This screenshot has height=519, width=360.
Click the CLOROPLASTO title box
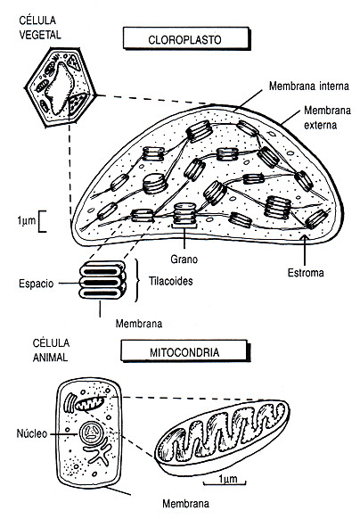(x=186, y=38)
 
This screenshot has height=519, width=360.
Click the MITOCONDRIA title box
(x=185, y=350)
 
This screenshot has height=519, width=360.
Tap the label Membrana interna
(x=308, y=86)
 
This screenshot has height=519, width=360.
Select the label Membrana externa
(x=327, y=118)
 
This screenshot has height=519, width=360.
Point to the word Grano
(x=184, y=259)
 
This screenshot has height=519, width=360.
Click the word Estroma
(x=306, y=273)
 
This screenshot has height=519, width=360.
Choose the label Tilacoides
(x=171, y=281)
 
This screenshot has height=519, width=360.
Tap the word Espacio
(x=36, y=284)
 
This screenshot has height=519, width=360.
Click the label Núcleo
(x=32, y=433)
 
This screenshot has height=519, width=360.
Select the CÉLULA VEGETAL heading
(x=40, y=28)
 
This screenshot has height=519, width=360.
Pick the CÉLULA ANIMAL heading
(x=51, y=350)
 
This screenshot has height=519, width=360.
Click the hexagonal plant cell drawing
(x=61, y=87)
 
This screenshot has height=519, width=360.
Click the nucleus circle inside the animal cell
(x=91, y=433)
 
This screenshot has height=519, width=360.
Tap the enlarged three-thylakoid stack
(x=102, y=280)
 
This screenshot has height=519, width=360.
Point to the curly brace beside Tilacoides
(x=137, y=280)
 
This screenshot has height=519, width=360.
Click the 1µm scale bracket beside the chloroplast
(x=42, y=221)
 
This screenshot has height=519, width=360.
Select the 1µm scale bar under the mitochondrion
(x=225, y=482)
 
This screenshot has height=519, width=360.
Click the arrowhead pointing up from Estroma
(x=304, y=237)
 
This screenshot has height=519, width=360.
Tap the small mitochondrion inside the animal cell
(x=89, y=403)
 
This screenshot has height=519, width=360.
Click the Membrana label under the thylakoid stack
(x=139, y=324)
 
